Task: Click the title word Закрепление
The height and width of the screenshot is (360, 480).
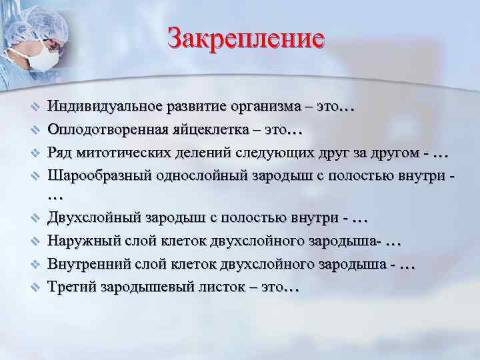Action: pyautogui.click(x=246, y=38)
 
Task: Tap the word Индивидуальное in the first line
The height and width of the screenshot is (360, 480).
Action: pyautogui.click(x=99, y=106)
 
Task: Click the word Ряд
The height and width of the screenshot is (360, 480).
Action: pyautogui.click(x=60, y=153)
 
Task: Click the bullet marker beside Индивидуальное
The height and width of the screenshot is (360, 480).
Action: pyautogui.click(x=37, y=107)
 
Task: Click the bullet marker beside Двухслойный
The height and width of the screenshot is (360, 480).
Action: pyautogui.click(x=37, y=219)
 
